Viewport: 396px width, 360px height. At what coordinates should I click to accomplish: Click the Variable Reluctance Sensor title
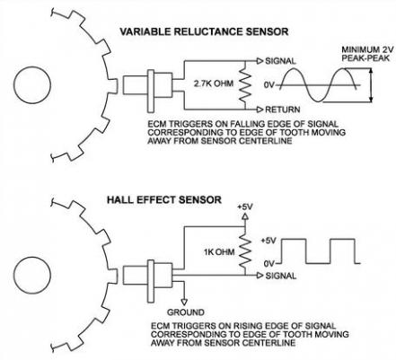coord(204,31)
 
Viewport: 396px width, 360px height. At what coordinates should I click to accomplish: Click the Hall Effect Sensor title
coord(164,200)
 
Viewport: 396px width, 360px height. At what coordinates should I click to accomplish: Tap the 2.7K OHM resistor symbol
coord(245,85)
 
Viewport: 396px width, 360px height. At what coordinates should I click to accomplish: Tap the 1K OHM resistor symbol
coord(245,250)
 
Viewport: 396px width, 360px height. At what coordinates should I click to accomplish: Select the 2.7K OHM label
coord(214,83)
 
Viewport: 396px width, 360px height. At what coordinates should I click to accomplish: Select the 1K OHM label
coord(219,252)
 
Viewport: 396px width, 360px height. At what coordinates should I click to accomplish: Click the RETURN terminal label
coord(282,110)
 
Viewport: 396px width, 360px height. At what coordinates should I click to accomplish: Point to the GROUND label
coord(186,312)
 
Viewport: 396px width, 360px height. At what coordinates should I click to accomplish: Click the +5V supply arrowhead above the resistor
coord(245,216)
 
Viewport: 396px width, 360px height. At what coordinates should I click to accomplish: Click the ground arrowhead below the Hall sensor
coord(185,300)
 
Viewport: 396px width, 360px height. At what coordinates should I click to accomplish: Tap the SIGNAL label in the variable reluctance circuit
coord(280,61)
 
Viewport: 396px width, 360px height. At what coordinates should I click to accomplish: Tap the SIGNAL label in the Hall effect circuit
coord(281,276)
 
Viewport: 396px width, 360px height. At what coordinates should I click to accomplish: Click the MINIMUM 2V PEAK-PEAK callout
coord(365,54)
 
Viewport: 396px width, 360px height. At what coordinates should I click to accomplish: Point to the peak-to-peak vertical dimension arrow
coord(372,85)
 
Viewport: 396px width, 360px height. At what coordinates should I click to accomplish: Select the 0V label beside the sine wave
coord(269,85)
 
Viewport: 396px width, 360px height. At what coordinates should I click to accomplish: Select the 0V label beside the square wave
coord(269,263)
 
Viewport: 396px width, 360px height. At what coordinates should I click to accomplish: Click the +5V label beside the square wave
coord(268,241)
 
